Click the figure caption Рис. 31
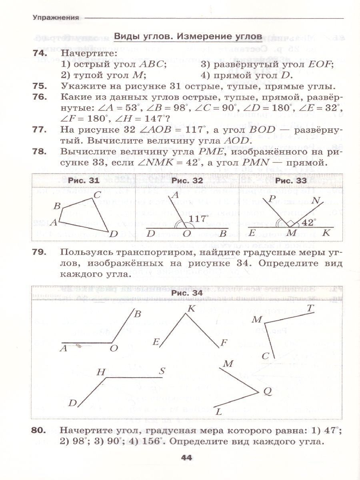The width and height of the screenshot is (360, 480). tap(83, 181)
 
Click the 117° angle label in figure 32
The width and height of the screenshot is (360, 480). tap(199, 218)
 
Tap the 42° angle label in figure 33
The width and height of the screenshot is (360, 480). tap(309, 222)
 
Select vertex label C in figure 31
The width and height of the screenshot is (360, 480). tap(97, 195)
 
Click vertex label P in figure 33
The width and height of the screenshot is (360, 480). tap(273, 199)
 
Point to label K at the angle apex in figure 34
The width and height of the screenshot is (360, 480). tap(191, 308)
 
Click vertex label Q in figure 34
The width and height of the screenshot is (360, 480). tap(267, 392)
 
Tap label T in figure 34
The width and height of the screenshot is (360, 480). tap(310, 308)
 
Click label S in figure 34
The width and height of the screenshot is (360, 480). tap(162, 371)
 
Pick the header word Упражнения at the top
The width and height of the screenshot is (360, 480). tap(56, 17)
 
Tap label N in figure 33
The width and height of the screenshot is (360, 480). tap(316, 201)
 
